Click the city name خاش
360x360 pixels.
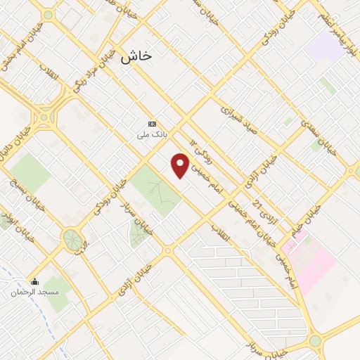pyautogui.click(x=136, y=57)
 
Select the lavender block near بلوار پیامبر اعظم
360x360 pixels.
pyautogui.click(x=323, y=46)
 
